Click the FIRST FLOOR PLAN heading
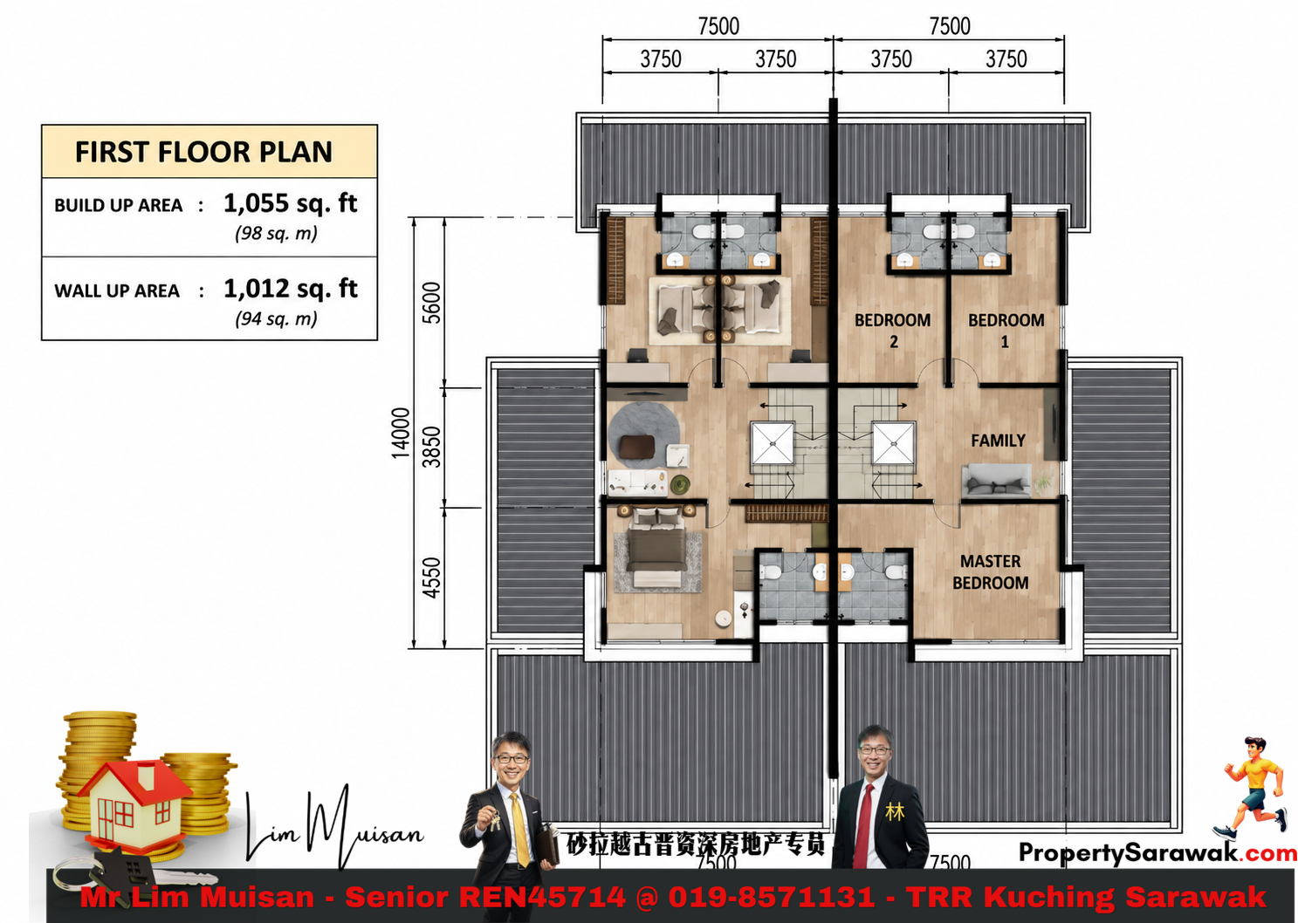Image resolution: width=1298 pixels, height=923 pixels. pyautogui.click(x=203, y=152)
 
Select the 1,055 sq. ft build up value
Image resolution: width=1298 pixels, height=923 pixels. pyautogui.click(x=291, y=203)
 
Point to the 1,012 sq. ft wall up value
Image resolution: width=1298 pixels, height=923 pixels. pyautogui.click(x=291, y=289)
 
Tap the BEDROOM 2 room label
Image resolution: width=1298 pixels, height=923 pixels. pyautogui.click(x=892, y=331)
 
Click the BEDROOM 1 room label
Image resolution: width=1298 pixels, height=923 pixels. pyautogui.click(x=1006, y=331)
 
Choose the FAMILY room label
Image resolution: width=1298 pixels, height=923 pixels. pyautogui.click(x=998, y=441)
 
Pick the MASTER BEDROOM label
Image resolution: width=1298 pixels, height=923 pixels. pyautogui.click(x=991, y=572)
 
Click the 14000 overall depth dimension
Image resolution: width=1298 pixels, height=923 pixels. pyautogui.click(x=401, y=433)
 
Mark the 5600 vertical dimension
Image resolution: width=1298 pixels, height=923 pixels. pyautogui.click(x=431, y=302)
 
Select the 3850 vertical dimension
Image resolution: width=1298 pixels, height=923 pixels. pyautogui.click(x=431, y=447)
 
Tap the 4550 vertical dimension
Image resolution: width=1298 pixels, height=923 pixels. pyautogui.click(x=431, y=578)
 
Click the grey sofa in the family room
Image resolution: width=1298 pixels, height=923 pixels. pyautogui.click(x=996, y=481)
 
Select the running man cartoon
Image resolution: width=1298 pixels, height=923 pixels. pyautogui.click(x=1252, y=788)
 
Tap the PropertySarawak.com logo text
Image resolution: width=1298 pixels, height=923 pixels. pyautogui.click(x=1157, y=852)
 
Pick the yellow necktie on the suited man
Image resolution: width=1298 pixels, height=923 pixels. pyautogui.click(x=519, y=829)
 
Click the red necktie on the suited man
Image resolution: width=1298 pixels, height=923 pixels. pyautogui.click(x=863, y=825)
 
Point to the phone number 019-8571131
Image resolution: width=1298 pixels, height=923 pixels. pyautogui.click(x=772, y=897)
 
